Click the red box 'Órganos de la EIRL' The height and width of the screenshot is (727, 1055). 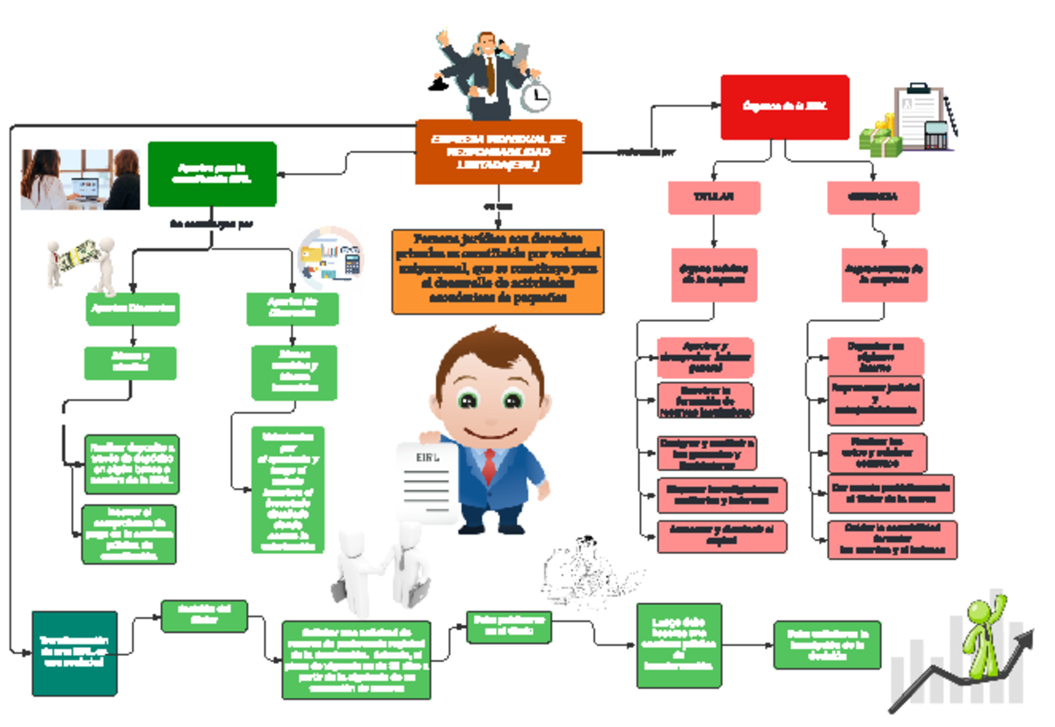785,106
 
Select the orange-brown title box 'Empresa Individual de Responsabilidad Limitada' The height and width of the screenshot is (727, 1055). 498,152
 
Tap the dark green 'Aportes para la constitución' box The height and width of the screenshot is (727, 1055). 212,173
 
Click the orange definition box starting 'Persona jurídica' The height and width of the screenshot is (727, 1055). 498,271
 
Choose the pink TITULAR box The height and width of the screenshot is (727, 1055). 714,198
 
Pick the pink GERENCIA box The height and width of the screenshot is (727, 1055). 872,198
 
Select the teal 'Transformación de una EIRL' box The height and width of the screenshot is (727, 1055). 74,652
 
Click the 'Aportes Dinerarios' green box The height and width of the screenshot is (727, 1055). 133,309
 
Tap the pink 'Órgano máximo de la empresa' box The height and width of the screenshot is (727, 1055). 713,273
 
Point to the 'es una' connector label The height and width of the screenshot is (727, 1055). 498,207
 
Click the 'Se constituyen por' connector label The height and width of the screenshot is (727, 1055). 212,224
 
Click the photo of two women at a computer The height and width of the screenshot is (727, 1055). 80,179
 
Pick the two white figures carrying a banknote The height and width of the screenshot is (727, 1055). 82,261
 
